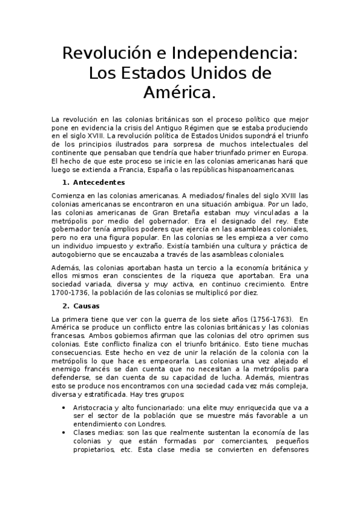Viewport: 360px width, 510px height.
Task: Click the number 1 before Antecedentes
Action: [65, 182]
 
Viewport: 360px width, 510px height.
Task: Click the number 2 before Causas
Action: [65, 306]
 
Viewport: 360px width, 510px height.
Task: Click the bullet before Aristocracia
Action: [66, 407]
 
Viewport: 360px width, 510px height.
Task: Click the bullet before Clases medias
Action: [66, 432]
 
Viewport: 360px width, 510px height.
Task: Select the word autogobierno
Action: [75, 254]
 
